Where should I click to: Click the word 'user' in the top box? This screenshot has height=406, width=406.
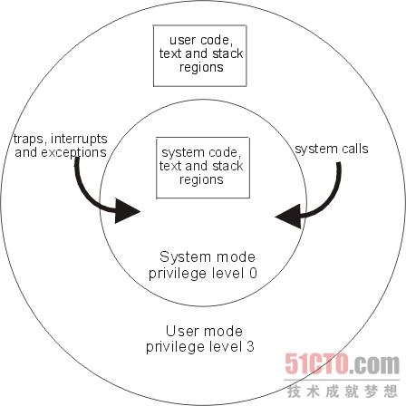pyautogui.click(x=183, y=40)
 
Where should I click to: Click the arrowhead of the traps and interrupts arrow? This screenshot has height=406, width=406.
pyautogui.click(x=128, y=211)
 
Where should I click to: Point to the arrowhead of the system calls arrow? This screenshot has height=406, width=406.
pyautogui.click(x=288, y=217)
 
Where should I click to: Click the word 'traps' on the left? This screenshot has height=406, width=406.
pyautogui.click(x=29, y=140)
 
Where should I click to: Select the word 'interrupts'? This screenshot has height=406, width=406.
pyautogui.click(x=79, y=139)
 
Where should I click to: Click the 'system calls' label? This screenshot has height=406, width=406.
pyautogui.click(x=332, y=150)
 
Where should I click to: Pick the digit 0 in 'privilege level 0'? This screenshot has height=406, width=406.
pyautogui.click(x=253, y=273)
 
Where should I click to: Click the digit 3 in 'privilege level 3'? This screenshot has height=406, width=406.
pyautogui.click(x=250, y=346)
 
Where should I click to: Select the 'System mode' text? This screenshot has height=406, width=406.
pyautogui.click(x=208, y=257)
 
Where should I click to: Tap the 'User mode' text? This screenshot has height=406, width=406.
pyautogui.click(x=204, y=332)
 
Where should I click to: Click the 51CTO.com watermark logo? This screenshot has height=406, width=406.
pyautogui.click(x=343, y=364)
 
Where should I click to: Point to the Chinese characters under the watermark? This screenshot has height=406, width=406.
pyautogui.click(x=343, y=391)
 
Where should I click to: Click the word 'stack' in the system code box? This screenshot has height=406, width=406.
pyautogui.click(x=227, y=166)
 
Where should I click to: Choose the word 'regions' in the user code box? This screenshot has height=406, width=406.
pyautogui.click(x=201, y=67)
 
